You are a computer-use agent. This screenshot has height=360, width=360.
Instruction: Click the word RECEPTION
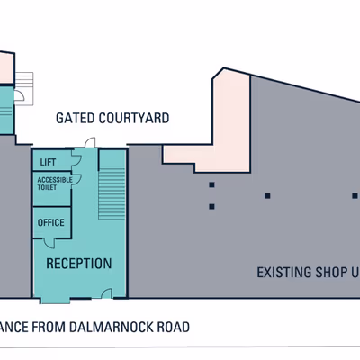click(x=78, y=264)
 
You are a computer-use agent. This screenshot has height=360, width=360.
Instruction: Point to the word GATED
click(x=76, y=118)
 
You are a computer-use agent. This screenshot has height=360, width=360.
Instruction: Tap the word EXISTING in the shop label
click(x=287, y=272)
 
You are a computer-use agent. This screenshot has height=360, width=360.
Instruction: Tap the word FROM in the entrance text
click(x=45, y=327)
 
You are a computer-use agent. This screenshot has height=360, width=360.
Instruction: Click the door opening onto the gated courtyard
click(x=89, y=143)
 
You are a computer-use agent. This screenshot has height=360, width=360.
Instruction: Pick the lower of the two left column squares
click(x=211, y=207)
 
